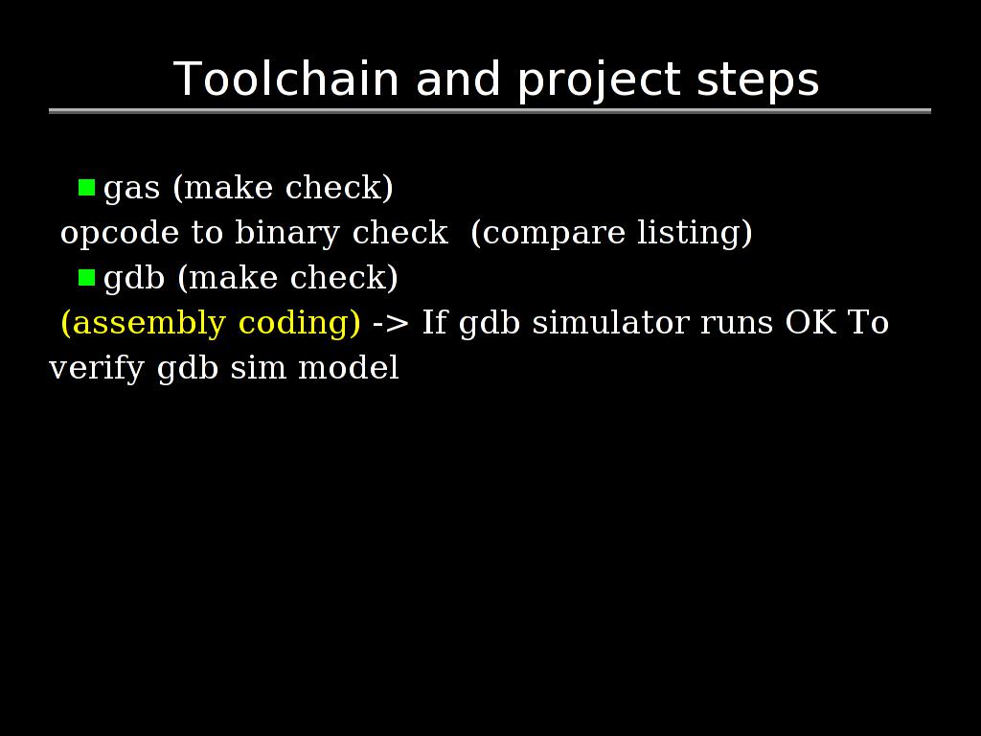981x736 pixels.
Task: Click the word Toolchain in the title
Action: pyautogui.click(x=285, y=79)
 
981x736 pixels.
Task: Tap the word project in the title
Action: pyautogui.click(x=599, y=81)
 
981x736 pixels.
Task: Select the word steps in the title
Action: pyautogui.click(x=758, y=81)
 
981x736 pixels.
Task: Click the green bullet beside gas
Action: pyautogui.click(x=86, y=188)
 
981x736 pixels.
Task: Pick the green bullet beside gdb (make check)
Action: pyautogui.click(x=86, y=277)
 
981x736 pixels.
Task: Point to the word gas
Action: pyautogui.click(x=131, y=190)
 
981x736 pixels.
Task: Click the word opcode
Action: pyautogui.click(x=120, y=234)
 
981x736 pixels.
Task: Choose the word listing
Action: pyautogui.click(x=690, y=234)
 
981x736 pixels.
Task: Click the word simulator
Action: pyautogui.click(x=610, y=322)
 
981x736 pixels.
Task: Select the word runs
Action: pyautogui.click(x=737, y=325)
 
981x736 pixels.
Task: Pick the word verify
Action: pyautogui.click(x=97, y=369)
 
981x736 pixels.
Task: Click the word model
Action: pyautogui.click(x=349, y=367)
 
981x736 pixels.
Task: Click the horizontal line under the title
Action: pyautogui.click(x=490, y=111)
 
